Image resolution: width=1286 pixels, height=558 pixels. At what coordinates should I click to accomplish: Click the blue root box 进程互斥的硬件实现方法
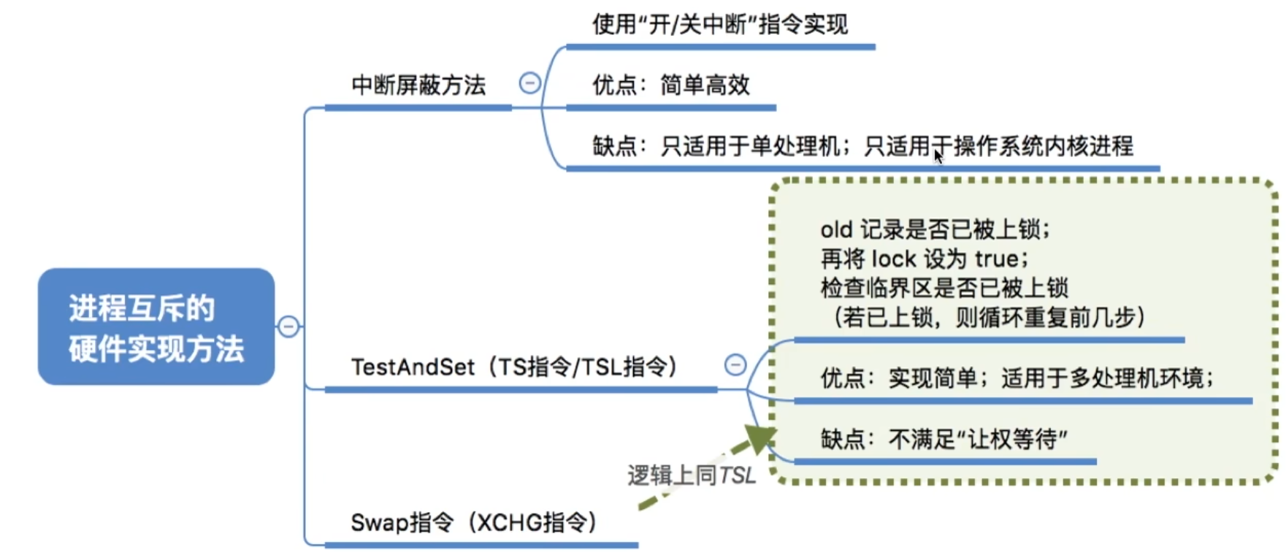click(156, 326)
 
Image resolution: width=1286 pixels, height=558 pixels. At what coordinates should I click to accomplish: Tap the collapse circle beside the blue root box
click(288, 326)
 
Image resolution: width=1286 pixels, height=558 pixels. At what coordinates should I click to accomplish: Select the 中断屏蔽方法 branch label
click(418, 85)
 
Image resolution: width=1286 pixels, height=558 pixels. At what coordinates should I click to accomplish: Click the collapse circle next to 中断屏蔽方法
click(529, 83)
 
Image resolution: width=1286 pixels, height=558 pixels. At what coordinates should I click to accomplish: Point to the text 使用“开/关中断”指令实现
click(720, 25)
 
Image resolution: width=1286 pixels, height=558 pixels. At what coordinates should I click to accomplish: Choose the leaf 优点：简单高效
click(671, 85)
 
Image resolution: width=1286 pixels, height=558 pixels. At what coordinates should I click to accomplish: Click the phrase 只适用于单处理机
click(750, 146)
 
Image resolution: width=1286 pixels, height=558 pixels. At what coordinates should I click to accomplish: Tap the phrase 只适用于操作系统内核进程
click(999, 146)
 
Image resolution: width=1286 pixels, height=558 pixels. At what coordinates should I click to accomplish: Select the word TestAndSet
click(413, 367)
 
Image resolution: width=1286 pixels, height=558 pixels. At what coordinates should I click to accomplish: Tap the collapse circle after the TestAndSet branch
click(735, 364)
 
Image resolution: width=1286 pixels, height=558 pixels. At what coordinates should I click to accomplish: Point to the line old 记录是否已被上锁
click(935, 230)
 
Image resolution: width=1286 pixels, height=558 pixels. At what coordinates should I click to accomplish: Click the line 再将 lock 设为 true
click(925, 259)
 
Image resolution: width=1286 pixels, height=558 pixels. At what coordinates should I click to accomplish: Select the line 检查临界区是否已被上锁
click(944, 288)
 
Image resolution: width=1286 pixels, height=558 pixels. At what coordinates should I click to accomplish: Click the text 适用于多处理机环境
click(1107, 378)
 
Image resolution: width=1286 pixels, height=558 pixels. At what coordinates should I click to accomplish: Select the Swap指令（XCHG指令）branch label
click(474, 523)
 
